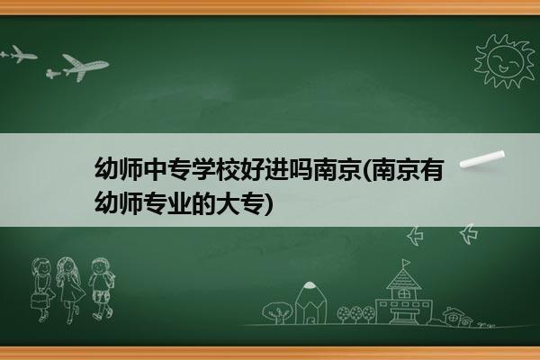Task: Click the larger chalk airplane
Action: point(85,67)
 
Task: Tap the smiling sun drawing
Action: point(504,60)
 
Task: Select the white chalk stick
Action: point(482,159)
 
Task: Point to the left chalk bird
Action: point(415,236)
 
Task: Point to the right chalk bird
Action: point(468,234)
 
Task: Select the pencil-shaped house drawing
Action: point(310,303)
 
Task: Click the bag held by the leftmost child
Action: point(39,301)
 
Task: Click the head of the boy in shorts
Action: point(100,266)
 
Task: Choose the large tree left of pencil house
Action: point(277,312)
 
